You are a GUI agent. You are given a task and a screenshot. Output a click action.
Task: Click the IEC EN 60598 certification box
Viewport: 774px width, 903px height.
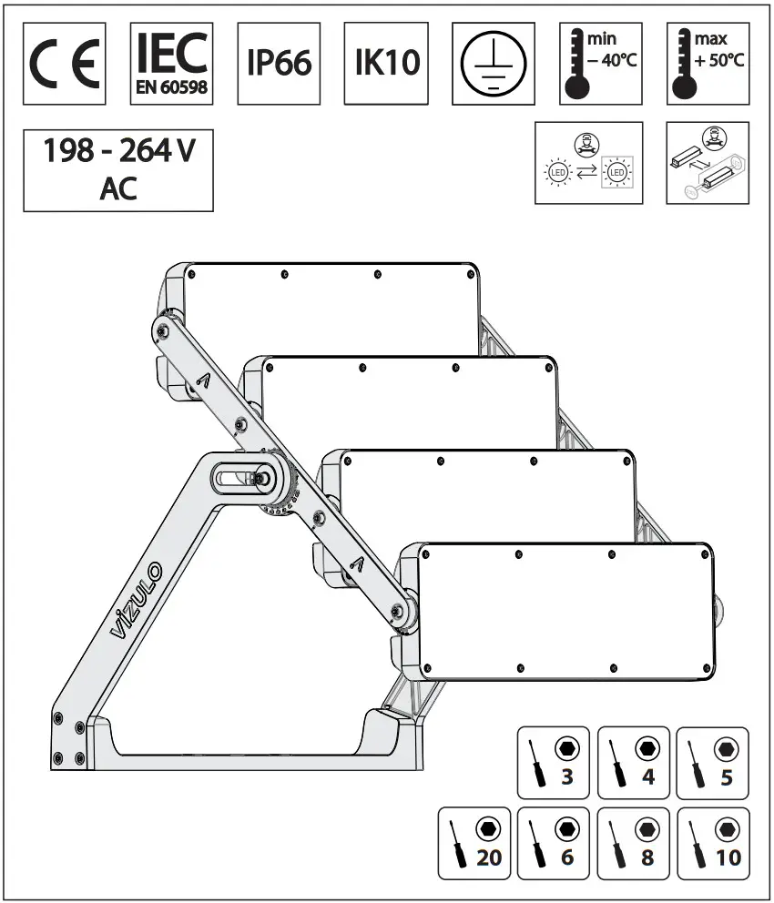click(x=172, y=64)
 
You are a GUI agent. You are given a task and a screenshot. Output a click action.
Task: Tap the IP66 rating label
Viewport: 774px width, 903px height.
click(x=279, y=64)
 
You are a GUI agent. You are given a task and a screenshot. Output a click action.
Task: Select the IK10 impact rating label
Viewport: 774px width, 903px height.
click(x=386, y=64)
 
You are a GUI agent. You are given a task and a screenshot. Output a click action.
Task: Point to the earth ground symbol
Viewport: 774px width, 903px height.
click(x=493, y=64)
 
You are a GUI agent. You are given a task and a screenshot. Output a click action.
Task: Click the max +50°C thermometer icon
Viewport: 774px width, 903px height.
click(x=708, y=64)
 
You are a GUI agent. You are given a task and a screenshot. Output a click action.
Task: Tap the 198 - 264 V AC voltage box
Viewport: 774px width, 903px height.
click(x=118, y=169)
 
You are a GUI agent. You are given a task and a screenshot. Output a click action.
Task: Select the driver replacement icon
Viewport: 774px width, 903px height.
click(x=708, y=163)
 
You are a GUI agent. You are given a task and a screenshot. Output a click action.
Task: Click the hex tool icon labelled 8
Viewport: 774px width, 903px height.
click(x=634, y=843)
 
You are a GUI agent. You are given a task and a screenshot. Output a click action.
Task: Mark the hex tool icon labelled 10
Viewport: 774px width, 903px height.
click(x=714, y=843)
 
